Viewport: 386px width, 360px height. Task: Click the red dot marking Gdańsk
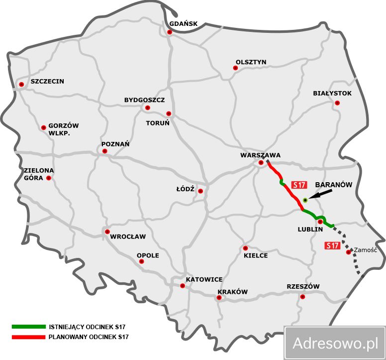click(x=170, y=32)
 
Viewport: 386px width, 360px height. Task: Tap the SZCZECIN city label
click(x=47, y=81)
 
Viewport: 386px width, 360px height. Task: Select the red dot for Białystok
click(x=337, y=103)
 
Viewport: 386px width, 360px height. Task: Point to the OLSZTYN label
click(x=251, y=62)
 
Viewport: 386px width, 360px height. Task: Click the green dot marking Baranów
click(x=305, y=200)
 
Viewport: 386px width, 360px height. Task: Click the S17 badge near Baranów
click(x=298, y=185)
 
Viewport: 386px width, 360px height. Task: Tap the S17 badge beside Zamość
click(x=332, y=245)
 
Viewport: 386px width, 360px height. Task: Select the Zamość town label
click(x=366, y=250)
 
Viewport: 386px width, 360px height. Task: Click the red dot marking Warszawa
click(x=261, y=163)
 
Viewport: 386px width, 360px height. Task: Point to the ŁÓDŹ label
click(x=185, y=189)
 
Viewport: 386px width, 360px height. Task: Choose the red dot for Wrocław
click(x=107, y=232)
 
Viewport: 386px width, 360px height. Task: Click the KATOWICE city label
click(x=204, y=280)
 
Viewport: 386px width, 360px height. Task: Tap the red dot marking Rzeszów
click(x=302, y=297)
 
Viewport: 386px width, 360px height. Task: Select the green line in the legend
click(x=28, y=327)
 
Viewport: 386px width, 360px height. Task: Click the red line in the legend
click(x=28, y=337)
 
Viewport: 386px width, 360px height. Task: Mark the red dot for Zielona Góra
click(x=49, y=178)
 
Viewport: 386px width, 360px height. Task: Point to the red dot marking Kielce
click(x=245, y=248)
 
